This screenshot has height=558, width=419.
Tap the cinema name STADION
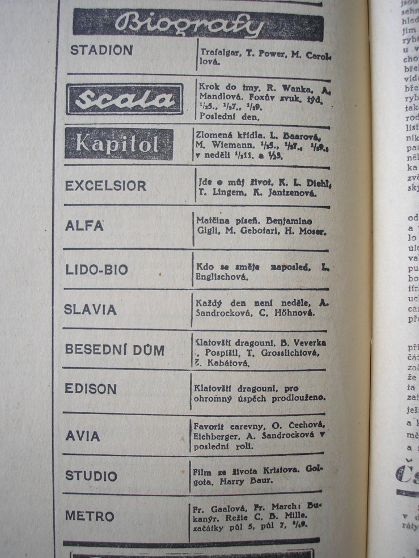pyautogui.click(x=101, y=50)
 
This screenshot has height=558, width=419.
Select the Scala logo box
pyautogui.click(x=125, y=99)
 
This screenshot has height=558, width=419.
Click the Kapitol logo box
pyautogui.click(x=119, y=144)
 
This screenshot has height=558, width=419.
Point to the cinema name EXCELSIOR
pyautogui.click(x=106, y=186)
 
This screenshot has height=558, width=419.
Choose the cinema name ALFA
pyautogui.click(x=84, y=225)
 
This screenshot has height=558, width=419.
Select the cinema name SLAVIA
pyautogui.click(x=91, y=309)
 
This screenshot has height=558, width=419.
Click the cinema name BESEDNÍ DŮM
pyautogui.click(x=115, y=350)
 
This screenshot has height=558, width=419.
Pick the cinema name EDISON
pyautogui.click(x=91, y=389)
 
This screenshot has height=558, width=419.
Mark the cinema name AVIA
pyautogui.click(x=83, y=436)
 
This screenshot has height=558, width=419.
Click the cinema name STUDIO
pyautogui.click(x=91, y=476)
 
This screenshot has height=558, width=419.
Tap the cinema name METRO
pyautogui.click(x=90, y=517)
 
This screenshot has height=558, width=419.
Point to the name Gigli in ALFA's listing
pyautogui.click(x=205, y=232)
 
